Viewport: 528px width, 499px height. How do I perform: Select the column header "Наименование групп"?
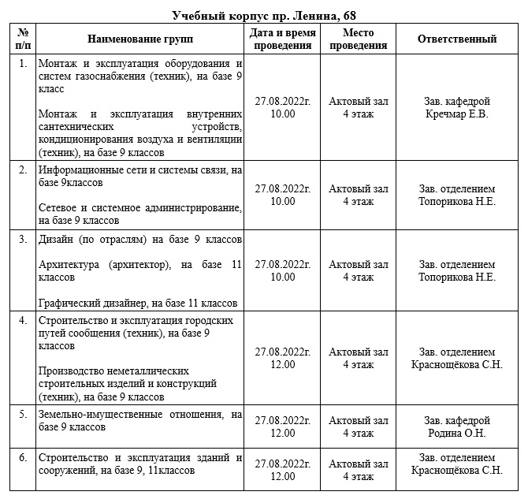pos(139,39)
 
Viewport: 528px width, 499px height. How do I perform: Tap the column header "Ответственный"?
pos(457,39)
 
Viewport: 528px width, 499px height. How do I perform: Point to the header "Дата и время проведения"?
pos(282,39)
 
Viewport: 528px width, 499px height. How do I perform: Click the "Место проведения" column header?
pos(359,39)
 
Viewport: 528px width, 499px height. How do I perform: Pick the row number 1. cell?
pos(24,63)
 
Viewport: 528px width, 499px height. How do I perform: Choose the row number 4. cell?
pos(24,321)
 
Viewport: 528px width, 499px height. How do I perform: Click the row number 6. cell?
pos(24,458)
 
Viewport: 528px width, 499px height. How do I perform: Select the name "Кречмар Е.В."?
pos(457,114)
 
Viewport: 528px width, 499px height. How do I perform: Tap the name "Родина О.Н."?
pos(457,433)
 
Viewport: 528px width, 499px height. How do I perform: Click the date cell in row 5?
pos(282,426)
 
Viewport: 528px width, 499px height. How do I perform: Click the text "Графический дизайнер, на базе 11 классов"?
pos(138,303)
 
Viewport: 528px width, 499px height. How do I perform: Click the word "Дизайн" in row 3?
pos(56,239)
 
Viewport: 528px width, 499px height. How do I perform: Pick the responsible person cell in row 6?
pos(457,464)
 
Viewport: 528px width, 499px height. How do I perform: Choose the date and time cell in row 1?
pos(282,107)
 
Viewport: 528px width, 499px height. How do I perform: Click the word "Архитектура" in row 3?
pos(69,265)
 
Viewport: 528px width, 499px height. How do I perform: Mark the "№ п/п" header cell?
pos(24,39)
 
